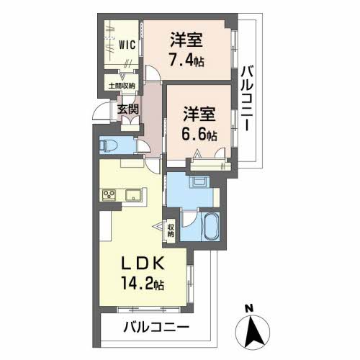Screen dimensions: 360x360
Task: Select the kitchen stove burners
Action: coord(110,194)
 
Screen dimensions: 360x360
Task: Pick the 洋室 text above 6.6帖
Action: coord(197,113)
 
